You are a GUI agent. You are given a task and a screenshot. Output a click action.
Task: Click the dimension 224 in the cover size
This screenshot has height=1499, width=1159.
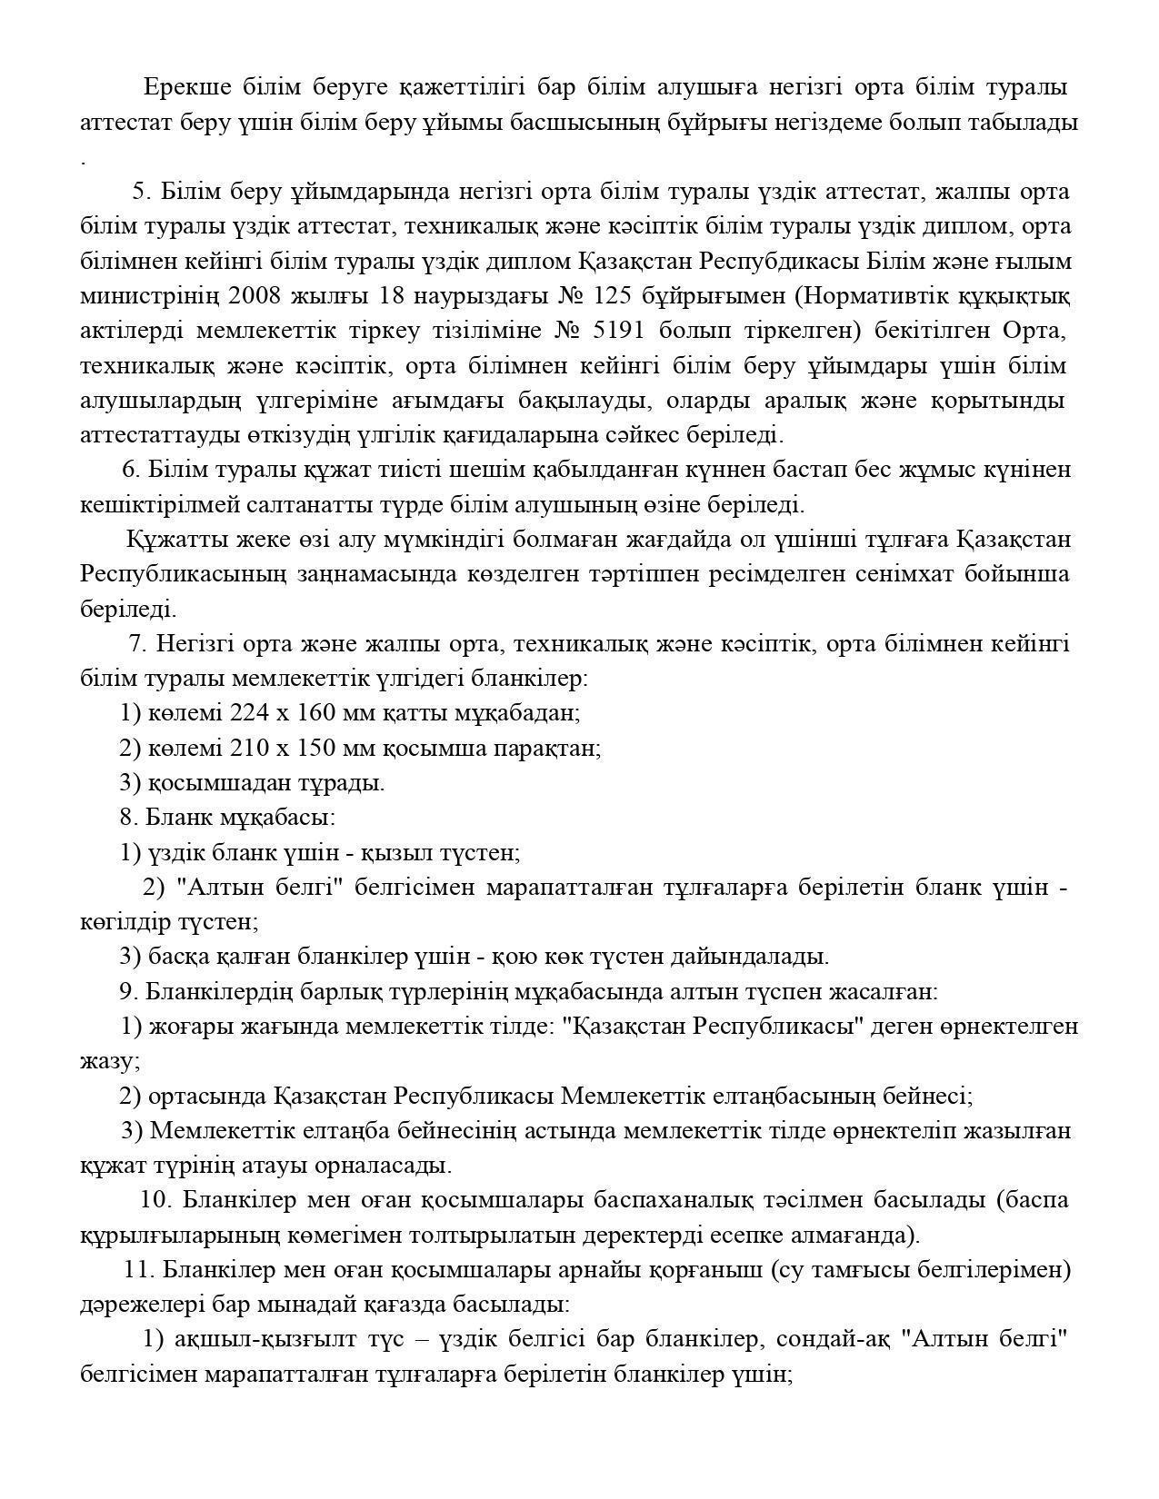pos(247,713)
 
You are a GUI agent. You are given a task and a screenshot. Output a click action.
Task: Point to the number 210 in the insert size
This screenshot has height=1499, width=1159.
pos(247,749)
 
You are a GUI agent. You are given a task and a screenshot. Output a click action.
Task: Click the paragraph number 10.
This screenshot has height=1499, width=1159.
pos(155,1200)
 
